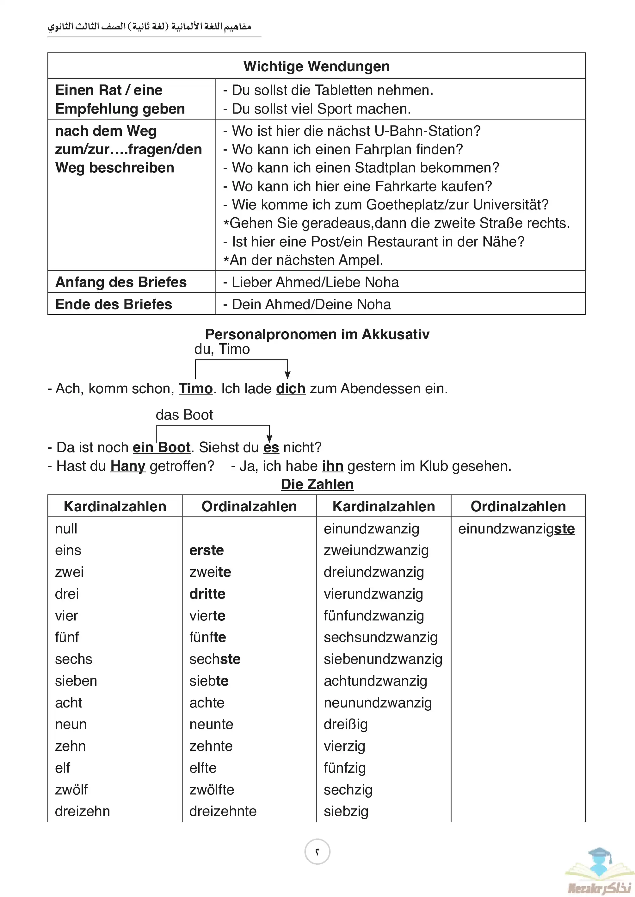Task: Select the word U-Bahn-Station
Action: click(x=427, y=131)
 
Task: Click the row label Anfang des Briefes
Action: click(x=121, y=282)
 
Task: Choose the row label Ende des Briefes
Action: click(x=114, y=304)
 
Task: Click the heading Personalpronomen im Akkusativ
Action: click(x=317, y=334)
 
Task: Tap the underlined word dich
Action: click(x=291, y=389)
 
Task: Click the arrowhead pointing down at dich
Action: click(x=287, y=375)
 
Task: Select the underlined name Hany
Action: click(x=127, y=466)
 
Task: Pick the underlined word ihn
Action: click(x=332, y=466)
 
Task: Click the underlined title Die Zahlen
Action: click(x=317, y=484)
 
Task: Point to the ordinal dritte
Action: click(x=207, y=594)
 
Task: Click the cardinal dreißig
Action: click(x=346, y=725)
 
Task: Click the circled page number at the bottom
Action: click(x=317, y=852)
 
